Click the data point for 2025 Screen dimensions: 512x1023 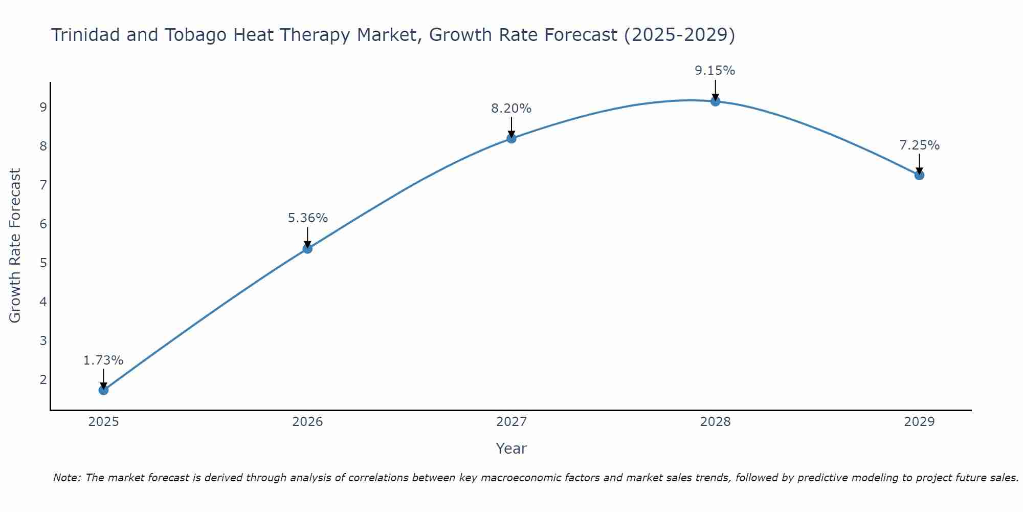(x=103, y=390)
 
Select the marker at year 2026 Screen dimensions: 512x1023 (x=307, y=249)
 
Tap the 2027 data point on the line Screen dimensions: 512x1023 (x=511, y=138)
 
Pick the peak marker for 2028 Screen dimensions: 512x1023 (x=715, y=101)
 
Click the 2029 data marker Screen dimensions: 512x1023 (x=919, y=175)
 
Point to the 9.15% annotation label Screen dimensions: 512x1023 (x=715, y=71)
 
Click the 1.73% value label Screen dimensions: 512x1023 (x=103, y=360)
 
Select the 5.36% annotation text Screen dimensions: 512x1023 (x=307, y=218)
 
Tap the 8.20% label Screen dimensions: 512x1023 (x=511, y=109)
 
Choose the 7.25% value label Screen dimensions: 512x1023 (x=919, y=145)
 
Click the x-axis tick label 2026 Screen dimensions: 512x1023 (x=307, y=422)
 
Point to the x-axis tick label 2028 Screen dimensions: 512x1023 (x=715, y=422)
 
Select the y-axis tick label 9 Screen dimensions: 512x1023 (x=43, y=108)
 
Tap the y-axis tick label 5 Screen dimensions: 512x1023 (x=43, y=263)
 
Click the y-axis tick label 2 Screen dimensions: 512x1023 (x=43, y=379)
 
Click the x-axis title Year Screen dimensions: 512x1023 (x=511, y=449)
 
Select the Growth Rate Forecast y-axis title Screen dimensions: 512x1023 (x=15, y=246)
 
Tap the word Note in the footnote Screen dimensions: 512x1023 (x=66, y=478)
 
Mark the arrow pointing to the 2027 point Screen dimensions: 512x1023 (x=511, y=127)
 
